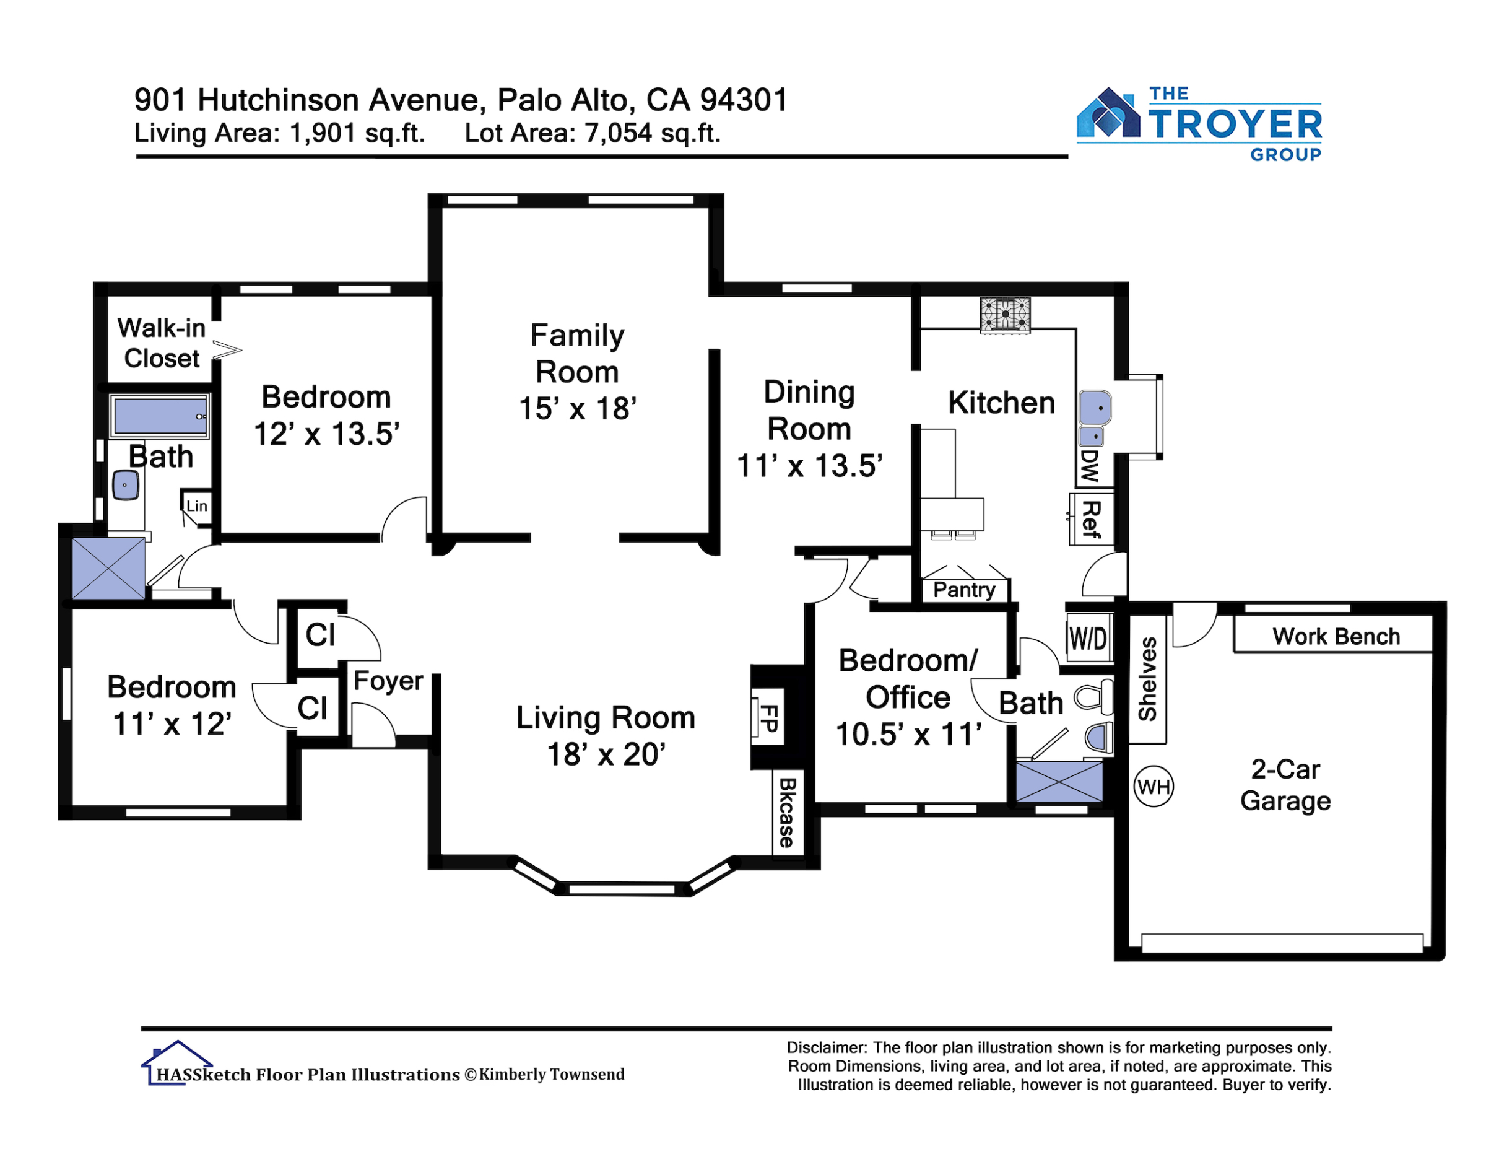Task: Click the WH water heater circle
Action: (x=1154, y=787)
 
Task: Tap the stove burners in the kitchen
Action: (x=1005, y=315)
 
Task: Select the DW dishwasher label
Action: (x=1089, y=466)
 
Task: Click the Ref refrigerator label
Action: (x=1091, y=518)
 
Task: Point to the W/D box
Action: (x=1088, y=639)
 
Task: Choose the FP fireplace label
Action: (x=769, y=717)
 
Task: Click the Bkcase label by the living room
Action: (x=786, y=812)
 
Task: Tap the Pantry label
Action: (x=964, y=590)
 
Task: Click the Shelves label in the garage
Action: (x=1148, y=679)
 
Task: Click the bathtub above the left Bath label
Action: (x=159, y=415)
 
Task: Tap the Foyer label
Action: (x=388, y=681)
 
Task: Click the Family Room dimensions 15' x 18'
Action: (x=578, y=408)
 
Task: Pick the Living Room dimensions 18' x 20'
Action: (x=606, y=754)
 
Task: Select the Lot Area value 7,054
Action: (x=619, y=133)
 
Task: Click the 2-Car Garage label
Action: (x=1285, y=785)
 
